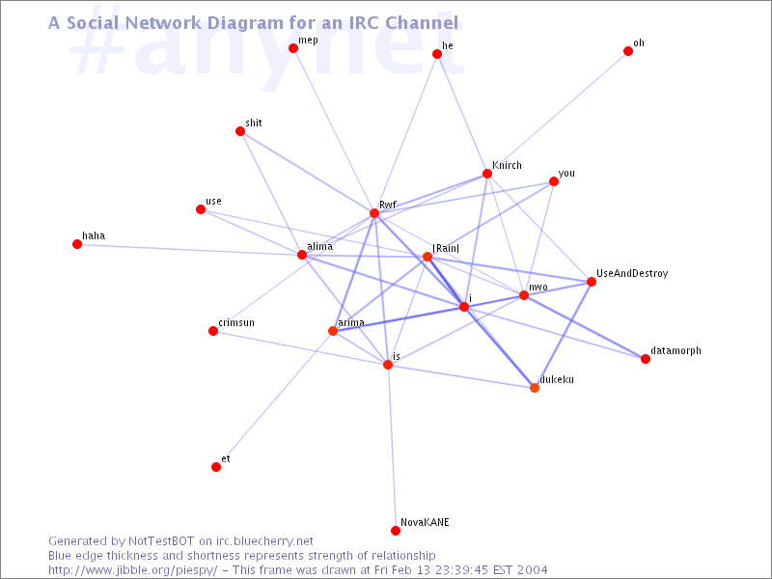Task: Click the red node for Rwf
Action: (x=374, y=213)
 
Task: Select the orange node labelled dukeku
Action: (x=535, y=388)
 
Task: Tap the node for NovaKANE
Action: (x=396, y=530)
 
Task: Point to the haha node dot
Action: (x=77, y=244)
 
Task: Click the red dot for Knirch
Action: (x=487, y=174)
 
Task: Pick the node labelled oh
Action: (x=628, y=51)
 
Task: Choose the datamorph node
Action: (x=646, y=359)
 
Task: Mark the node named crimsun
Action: (x=213, y=331)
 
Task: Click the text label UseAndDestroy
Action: (x=632, y=273)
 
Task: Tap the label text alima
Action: (x=320, y=246)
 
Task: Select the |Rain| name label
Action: (x=446, y=248)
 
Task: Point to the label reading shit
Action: (x=254, y=123)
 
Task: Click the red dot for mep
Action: (x=293, y=48)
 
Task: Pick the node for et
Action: (x=216, y=467)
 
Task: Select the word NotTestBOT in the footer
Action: (x=161, y=541)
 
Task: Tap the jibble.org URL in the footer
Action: (x=132, y=570)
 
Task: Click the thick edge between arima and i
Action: (x=399, y=319)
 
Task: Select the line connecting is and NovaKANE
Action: (x=392, y=448)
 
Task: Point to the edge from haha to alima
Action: (x=189, y=250)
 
